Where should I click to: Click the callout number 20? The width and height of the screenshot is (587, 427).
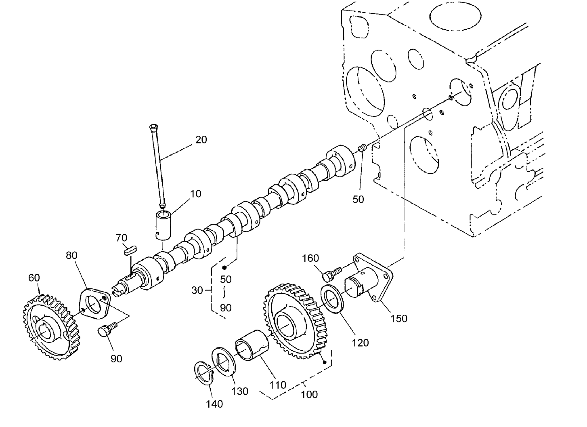click(201, 140)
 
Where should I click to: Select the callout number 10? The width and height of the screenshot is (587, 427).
click(196, 194)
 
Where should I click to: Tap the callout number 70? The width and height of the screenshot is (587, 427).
click(122, 238)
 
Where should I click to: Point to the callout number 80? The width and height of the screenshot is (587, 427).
click(71, 255)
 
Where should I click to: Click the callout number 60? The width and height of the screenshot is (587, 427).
click(34, 278)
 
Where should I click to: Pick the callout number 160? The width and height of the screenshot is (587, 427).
click(310, 258)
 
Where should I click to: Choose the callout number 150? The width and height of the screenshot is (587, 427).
click(399, 318)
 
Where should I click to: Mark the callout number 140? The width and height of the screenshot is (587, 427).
click(214, 404)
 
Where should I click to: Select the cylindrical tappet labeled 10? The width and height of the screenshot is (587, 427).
click(164, 225)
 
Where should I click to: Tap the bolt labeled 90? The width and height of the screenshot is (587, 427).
click(106, 329)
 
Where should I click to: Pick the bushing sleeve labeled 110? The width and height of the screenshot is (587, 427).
click(251, 344)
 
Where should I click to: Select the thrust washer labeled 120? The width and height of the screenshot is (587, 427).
click(332, 299)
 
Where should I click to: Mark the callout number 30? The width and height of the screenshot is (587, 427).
click(197, 290)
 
